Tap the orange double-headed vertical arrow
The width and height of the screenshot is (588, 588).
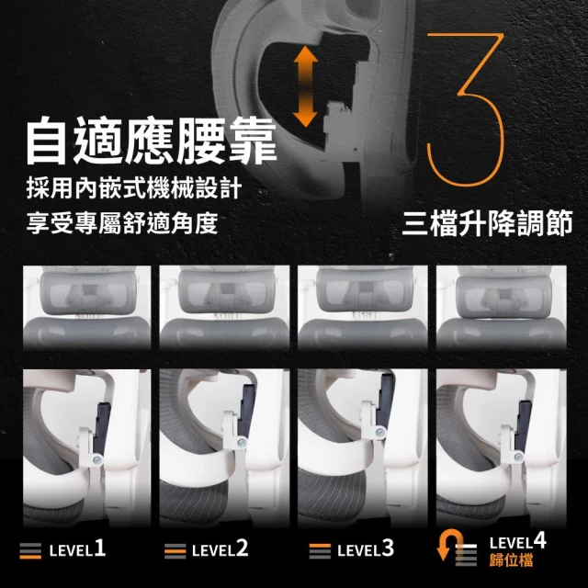click(305, 86)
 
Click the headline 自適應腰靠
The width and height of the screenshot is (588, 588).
click(151, 140)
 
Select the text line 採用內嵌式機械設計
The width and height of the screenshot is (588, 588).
click(134, 188)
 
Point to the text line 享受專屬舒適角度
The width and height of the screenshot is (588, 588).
click(122, 223)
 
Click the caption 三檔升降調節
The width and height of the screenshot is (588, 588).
click(487, 223)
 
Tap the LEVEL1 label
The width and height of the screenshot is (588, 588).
click(77, 549)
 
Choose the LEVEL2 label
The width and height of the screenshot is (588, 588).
click(220, 549)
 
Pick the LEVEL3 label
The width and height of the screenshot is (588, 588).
click(366, 549)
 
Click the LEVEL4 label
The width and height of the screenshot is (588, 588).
click(518, 541)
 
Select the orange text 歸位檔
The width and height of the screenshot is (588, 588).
click(511, 560)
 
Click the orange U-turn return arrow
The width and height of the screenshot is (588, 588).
click(449, 545)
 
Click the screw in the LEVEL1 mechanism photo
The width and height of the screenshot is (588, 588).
click(98, 460)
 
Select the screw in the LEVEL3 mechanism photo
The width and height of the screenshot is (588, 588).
click(380, 432)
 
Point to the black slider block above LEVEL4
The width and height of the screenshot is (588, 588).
click(523, 425)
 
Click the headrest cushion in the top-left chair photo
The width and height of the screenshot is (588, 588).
click(88, 293)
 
